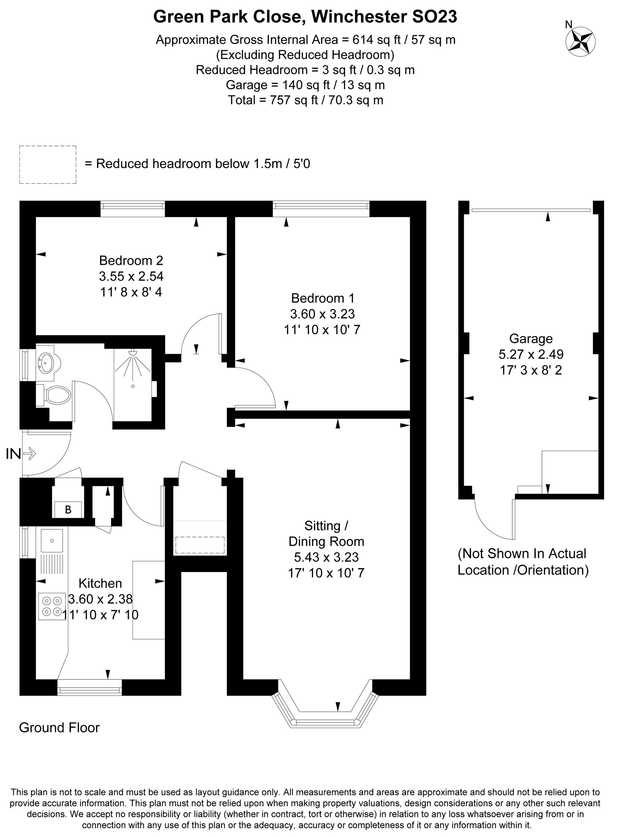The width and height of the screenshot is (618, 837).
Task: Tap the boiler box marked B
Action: [68, 509]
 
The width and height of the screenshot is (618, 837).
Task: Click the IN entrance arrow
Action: [29, 454]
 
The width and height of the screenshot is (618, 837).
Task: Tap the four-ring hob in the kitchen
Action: [52, 606]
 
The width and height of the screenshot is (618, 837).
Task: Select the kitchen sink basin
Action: [52, 541]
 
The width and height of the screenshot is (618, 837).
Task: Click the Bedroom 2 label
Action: [131, 260]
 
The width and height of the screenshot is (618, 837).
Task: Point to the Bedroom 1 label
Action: [323, 298]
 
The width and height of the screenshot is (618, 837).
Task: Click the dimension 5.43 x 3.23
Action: [326, 557]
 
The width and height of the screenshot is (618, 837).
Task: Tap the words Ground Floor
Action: [59, 727]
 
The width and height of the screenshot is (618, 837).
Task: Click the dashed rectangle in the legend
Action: [48, 165]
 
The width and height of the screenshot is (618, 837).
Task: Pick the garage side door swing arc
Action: [494, 520]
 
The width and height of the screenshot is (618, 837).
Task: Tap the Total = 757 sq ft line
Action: [305, 100]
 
